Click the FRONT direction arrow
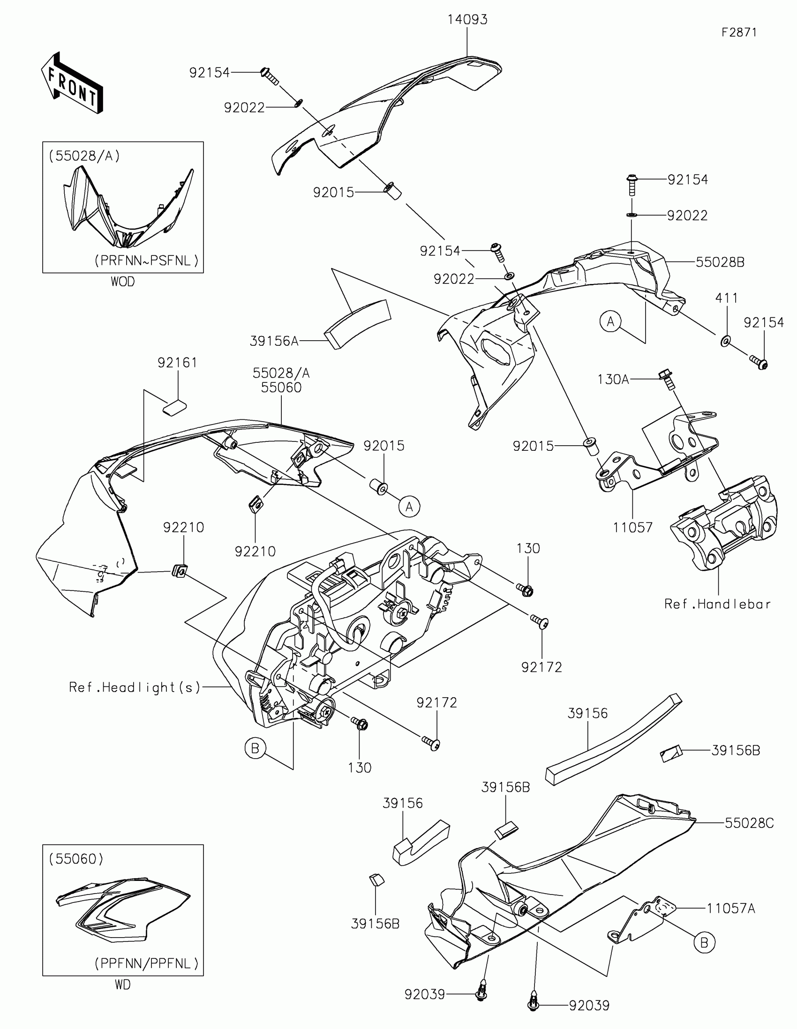(72, 83)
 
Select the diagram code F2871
(739, 32)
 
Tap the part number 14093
(467, 19)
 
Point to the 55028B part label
(720, 262)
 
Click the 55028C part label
(749, 823)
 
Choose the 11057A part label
(730, 909)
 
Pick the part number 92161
(177, 362)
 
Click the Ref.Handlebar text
(717, 604)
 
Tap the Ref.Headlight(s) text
(135, 687)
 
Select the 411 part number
(726, 298)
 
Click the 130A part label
(613, 379)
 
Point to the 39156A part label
(274, 341)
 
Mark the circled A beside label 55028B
(611, 322)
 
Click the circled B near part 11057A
(704, 942)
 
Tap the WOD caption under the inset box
(122, 282)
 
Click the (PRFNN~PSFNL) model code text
(147, 261)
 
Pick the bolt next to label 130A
(667, 378)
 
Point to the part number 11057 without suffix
(632, 527)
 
